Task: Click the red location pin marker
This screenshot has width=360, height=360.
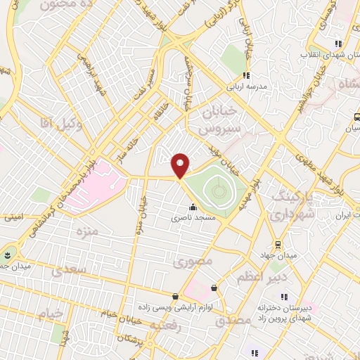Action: pos(181,165)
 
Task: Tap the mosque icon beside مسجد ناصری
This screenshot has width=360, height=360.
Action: pos(193,207)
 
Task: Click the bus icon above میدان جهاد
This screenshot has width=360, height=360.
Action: pos(278,244)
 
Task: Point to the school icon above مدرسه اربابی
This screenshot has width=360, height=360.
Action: pos(246,76)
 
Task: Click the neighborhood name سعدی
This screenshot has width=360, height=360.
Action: pos(70,269)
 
